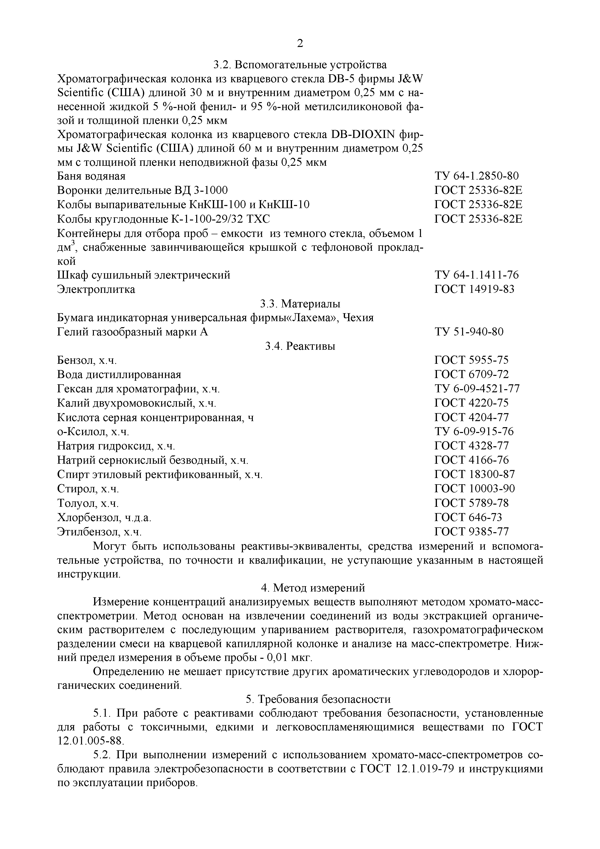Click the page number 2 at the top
pyautogui.click(x=300, y=44)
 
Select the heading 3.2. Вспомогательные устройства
pyautogui.click(x=300, y=65)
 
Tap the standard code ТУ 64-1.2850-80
pyautogui.click(x=477, y=176)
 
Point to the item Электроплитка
pyautogui.click(x=96, y=289)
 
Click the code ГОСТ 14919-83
pyautogui.click(x=474, y=289)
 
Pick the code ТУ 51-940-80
pyautogui.click(x=469, y=332)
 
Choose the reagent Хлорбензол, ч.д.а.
pyautogui.click(x=104, y=517)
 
